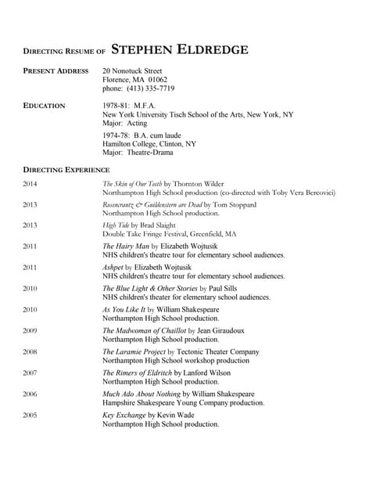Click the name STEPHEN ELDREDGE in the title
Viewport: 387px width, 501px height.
180,51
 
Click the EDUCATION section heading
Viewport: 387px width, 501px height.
45,105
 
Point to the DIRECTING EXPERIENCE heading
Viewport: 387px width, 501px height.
66,169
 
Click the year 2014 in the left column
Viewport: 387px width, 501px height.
30,184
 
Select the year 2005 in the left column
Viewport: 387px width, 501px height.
30,415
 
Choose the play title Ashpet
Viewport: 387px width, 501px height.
113,267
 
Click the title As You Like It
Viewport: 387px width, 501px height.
124,309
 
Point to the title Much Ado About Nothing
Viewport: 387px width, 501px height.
146,394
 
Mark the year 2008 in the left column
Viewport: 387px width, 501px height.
30,351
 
